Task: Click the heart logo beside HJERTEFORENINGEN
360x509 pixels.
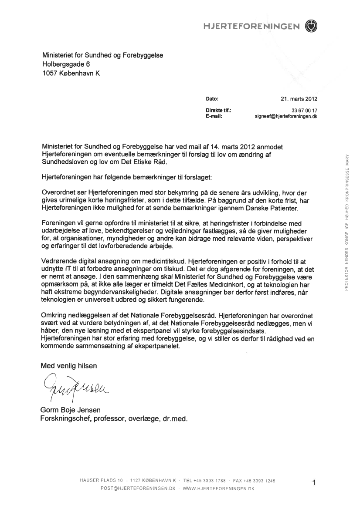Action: [312, 26]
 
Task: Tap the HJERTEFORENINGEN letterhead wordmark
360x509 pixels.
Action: [251, 27]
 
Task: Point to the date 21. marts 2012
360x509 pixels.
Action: [299, 98]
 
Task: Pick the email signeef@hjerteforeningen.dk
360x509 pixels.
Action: [285, 117]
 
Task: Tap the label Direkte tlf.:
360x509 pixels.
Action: [218, 111]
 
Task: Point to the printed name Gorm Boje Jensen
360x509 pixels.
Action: [71, 411]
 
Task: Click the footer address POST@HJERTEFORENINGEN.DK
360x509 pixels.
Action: [138, 489]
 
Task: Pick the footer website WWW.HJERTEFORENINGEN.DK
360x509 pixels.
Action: [218, 489]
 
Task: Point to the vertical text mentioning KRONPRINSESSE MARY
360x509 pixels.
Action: [346, 222]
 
